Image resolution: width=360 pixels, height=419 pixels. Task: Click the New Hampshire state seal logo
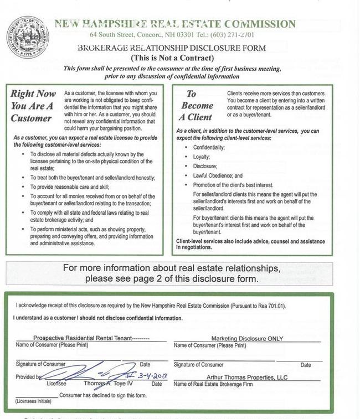27,38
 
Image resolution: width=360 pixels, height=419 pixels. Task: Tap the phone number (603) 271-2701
234,35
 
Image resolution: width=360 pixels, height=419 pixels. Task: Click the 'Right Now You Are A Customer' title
32,106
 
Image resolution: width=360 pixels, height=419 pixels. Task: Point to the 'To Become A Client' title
196,105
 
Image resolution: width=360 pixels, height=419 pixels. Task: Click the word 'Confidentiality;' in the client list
209,148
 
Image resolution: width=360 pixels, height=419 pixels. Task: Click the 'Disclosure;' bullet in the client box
205,166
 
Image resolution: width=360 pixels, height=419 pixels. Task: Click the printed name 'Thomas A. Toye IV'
109,383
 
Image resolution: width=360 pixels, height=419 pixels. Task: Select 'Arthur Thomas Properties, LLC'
247,377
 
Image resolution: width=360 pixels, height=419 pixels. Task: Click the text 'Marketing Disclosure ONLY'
247,339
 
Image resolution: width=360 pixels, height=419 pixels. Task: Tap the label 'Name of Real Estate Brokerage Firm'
213,384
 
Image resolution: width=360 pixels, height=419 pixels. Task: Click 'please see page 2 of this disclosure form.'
171,278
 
